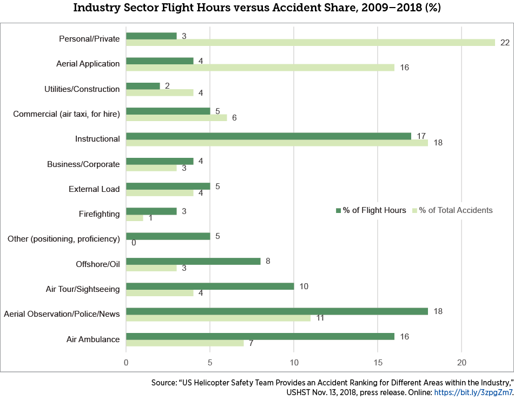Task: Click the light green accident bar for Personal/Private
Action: tap(311, 43)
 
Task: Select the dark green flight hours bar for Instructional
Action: tap(268, 136)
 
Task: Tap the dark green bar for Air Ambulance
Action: tap(260, 336)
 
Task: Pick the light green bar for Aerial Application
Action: tap(260, 68)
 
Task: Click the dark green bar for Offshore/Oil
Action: tap(193, 261)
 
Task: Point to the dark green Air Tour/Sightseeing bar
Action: tap(210, 286)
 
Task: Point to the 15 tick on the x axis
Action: tap(378, 362)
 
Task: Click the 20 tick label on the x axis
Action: tap(462, 362)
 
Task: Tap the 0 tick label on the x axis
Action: tap(126, 362)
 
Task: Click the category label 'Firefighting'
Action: tap(99, 214)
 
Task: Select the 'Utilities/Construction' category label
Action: tap(82, 89)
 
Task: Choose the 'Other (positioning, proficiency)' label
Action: tap(63, 239)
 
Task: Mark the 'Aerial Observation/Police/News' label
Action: tap(62, 314)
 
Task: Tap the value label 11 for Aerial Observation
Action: tap(320, 318)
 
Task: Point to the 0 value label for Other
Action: tap(133, 243)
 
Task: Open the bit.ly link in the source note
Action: tap(473, 392)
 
